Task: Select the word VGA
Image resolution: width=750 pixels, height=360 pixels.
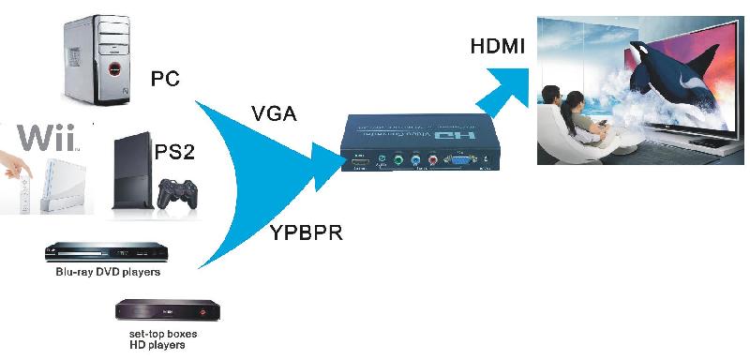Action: click(x=274, y=114)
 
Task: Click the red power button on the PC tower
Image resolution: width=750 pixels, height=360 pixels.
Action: click(x=112, y=70)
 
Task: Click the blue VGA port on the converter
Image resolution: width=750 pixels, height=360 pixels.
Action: click(x=463, y=160)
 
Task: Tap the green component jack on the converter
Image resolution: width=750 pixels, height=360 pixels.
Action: click(x=397, y=159)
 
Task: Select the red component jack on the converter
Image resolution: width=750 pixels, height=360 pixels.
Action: click(x=432, y=159)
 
